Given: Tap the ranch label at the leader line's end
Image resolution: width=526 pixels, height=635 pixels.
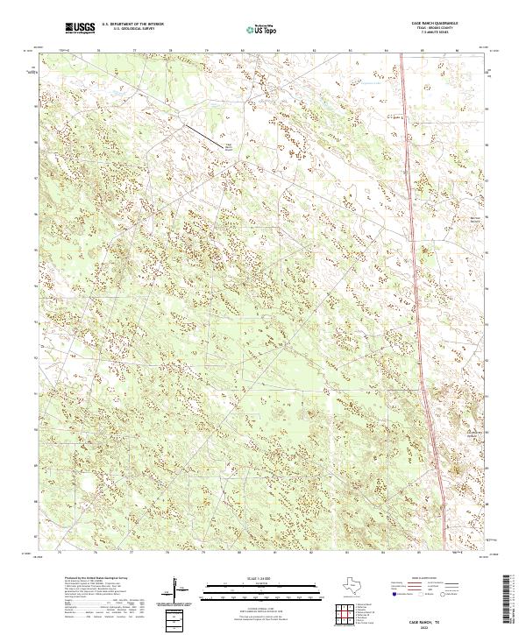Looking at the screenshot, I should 229,147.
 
